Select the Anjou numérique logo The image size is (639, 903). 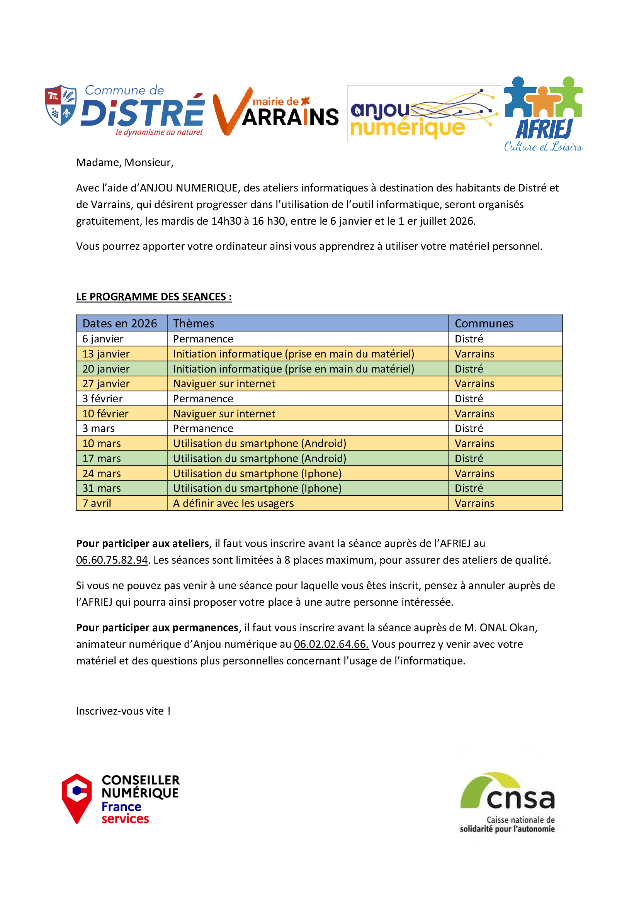click(x=423, y=114)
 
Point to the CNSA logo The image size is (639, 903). click(x=508, y=802)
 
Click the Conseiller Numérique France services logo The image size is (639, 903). click(x=121, y=799)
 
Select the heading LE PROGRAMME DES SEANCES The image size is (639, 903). click(x=154, y=297)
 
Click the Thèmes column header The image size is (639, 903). click(x=194, y=323)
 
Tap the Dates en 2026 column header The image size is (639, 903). click(x=120, y=323)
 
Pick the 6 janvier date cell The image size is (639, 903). click(x=103, y=339)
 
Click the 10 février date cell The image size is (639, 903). click(x=105, y=414)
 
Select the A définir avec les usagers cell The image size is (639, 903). click(x=233, y=503)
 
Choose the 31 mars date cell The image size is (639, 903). click(x=102, y=488)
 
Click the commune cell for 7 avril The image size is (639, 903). click(x=474, y=503)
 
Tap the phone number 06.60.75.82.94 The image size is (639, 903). click(x=112, y=560)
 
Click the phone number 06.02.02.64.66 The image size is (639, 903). click(x=331, y=644)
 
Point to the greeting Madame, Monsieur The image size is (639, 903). click(x=125, y=163)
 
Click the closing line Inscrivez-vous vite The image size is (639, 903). click(x=123, y=711)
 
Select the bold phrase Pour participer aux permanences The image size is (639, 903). click(x=157, y=628)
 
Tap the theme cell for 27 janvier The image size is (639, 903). click(x=224, y=383)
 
